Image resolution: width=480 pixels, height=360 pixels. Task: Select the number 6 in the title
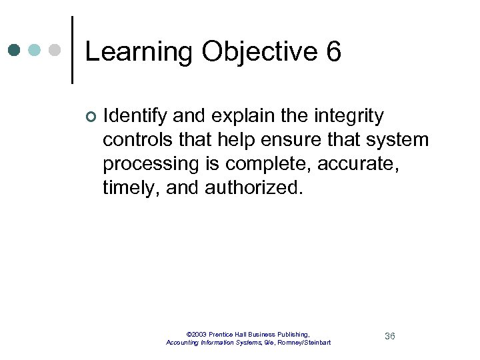[x=333, y=51]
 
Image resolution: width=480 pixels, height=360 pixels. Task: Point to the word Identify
[x=135, y=117]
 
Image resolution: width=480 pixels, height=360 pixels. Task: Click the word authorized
[x=254, y=188]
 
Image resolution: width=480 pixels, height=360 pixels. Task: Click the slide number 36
[x=390, y=336]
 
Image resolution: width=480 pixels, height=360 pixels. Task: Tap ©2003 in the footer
[x=197, y=334]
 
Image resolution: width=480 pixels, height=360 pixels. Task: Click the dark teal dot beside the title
[x=15, y=50]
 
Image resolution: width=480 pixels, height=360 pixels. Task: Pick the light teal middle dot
[x=35, y=50]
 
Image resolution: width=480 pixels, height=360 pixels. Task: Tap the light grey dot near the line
[x=55, y=50]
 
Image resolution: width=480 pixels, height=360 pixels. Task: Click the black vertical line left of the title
[x=72, y=50]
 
